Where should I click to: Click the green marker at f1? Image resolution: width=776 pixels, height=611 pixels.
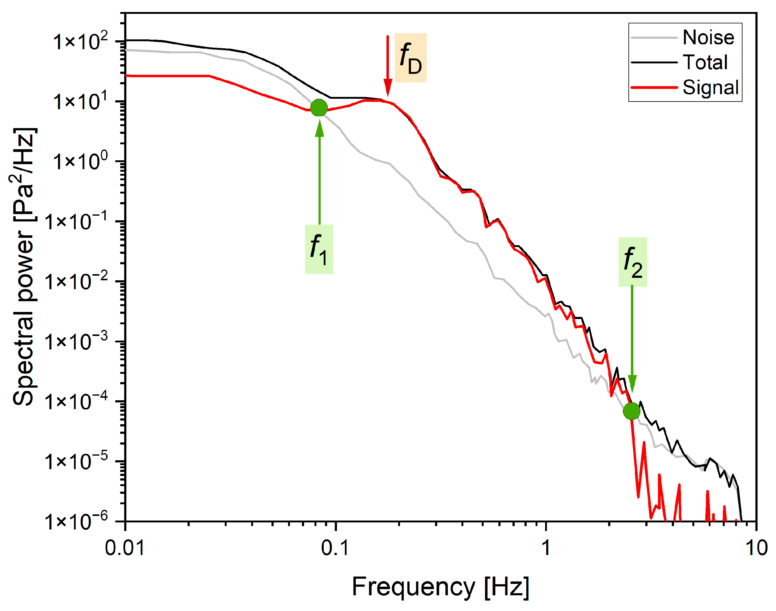click(319, 108)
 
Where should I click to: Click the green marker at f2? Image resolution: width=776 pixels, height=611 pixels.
click(631, 411)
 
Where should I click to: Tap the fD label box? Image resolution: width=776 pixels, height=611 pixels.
click(410, 58)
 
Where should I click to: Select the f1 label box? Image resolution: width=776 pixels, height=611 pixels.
click(319, 249)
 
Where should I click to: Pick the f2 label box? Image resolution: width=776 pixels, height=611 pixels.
click(632, 262)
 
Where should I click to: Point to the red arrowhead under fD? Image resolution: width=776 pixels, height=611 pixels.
click(388, 88)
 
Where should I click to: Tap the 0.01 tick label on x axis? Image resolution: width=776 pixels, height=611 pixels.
click(125, 548)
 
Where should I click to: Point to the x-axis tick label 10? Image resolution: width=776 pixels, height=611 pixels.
click(756, 548)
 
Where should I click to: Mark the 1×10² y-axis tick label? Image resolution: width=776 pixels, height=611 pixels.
click(81, 42)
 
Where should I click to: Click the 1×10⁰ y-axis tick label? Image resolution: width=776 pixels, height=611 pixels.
click(81, 161)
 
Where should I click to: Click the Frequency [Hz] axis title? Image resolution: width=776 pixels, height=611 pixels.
click(440, 587)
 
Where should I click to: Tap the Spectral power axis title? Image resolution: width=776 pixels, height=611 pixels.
click(24, 266)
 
